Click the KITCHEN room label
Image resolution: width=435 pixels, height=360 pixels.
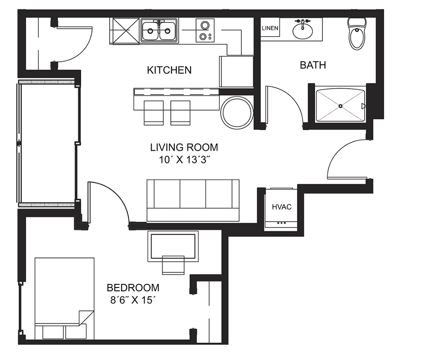click(169, 70)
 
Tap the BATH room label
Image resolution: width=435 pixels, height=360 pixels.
click(313, 65)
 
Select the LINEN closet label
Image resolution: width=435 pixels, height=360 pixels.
click(270, 28)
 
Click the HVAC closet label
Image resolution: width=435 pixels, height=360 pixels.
click(281, 207)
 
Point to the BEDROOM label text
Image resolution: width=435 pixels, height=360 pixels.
click(133, 288)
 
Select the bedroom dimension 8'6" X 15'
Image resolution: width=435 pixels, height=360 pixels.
click(132, 300)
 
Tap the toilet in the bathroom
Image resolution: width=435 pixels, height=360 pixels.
click(357, 33)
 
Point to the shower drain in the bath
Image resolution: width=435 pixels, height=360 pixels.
click(341, 106)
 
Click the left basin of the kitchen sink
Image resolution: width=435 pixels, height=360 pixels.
click(150, 31)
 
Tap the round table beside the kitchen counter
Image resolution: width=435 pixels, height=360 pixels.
click(237, 112)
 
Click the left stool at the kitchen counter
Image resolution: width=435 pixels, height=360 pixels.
click(154, 113)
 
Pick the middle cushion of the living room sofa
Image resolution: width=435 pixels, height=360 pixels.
click(193, 194)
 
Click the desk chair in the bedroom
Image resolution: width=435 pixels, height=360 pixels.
click(173, 265)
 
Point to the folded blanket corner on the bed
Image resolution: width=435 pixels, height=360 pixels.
click(86, 317)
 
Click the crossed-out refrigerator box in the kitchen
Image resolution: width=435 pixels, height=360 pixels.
click(124, 31)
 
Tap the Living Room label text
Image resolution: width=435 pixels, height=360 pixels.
click(184, 147)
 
